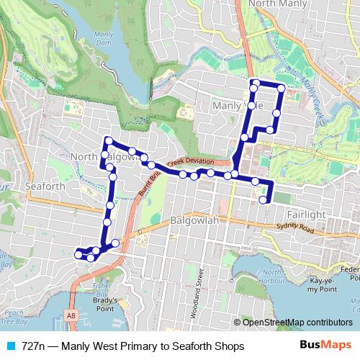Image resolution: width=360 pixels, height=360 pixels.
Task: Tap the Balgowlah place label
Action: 194,221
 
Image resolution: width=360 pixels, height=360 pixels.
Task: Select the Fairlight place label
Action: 307,215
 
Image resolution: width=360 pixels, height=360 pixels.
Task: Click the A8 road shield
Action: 71,315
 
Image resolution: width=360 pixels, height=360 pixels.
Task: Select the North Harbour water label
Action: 272,276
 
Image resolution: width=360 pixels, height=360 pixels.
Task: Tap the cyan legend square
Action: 11,346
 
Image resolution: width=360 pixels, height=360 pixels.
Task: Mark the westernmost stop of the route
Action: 78,253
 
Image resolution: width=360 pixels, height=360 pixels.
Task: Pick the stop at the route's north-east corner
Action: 281,89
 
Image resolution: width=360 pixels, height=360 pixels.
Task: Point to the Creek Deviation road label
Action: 188,161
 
